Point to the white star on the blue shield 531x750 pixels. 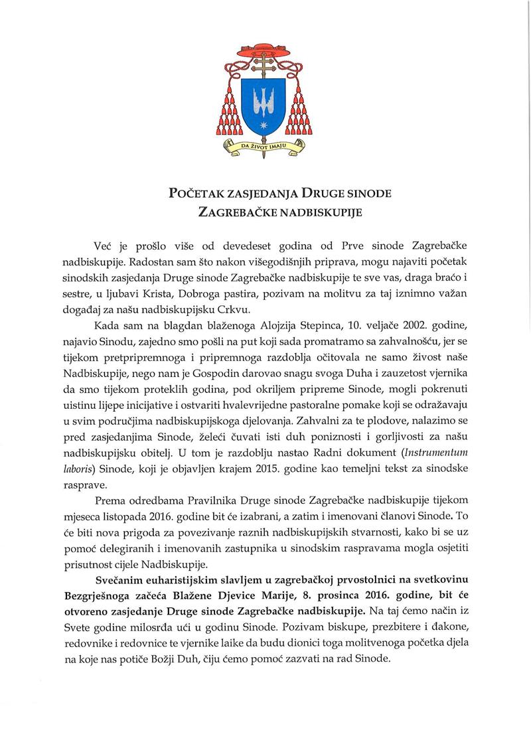[x=264, y=123]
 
